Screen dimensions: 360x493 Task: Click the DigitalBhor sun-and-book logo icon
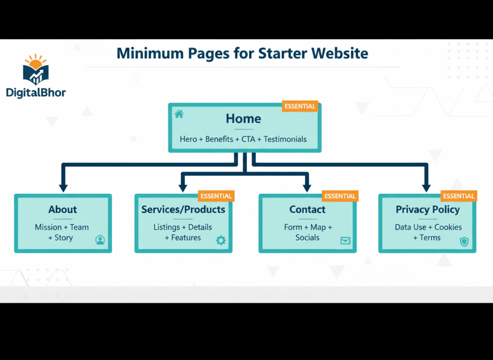pyautogui.click(x=35, y=70)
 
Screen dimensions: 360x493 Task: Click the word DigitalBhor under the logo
pyautogui.click(x=36, y=93)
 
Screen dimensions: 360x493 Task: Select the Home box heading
pyautogui.click(x=244, y=119)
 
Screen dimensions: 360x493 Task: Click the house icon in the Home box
pyautogui.click(x=179, y=114)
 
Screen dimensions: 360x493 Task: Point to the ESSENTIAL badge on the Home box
pyautogui.click(x=300, y=106)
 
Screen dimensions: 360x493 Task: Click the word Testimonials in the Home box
pyautogui.click(x=285, y=139)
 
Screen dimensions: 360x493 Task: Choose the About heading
pyautogui.click(x=63, y=210)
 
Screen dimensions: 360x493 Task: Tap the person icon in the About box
pyautogui.click(x=100, y=240)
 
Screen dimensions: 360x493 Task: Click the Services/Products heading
pyautogui.click(x=183, y=210)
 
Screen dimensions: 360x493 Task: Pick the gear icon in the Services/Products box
pyautogui.click(x=221, y=240)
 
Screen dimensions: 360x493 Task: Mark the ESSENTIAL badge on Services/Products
pyautogui.click(x=216, y=196)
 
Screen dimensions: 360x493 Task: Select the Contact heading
pyautogui.click(x=307, y=210)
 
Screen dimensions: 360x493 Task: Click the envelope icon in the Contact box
pyautogui.click(x=345, y=240)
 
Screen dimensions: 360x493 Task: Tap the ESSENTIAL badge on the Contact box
pyautogui.click(x=340, y=196)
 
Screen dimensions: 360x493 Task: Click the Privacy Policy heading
pyautogui.click(x=428, y=210)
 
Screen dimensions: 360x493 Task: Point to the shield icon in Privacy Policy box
pyautogui.click(x=464, y=241)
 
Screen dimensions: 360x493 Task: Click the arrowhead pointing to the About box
pyautogui.click(x=63, y=187)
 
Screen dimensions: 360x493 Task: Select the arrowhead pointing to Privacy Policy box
pyautogui.click(x=426, y=187)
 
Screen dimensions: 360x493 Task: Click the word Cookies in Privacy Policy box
pyautogui.click(x=448, y=227)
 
